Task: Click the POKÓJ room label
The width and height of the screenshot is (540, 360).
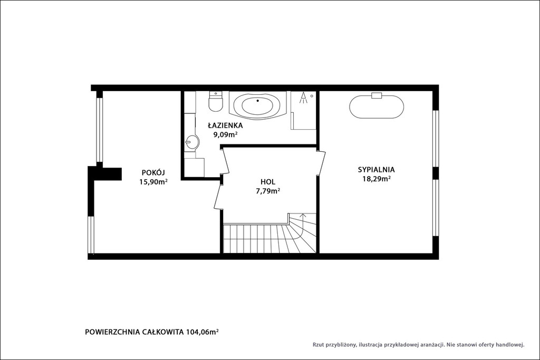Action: [153, 172]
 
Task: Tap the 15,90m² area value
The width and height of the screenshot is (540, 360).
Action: [153, 182]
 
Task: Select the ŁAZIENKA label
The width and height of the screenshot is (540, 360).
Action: [225, 125]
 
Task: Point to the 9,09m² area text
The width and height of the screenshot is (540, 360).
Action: [225, 134]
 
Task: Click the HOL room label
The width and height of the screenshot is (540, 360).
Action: [267, 182]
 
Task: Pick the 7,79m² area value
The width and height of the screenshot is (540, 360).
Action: [267, 191]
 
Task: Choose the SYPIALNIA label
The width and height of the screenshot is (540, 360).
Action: [376, 169]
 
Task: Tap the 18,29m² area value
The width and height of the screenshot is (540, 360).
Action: [376, 179]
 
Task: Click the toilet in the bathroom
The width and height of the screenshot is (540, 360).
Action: [216, 101]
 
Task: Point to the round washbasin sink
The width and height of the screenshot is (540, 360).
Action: [192, 141]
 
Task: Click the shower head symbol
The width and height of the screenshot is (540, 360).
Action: [303, 98]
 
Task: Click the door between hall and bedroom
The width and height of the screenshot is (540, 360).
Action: [321, 163]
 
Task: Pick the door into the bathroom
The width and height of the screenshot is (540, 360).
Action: [225, 161]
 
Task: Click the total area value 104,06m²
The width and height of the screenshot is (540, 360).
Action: [202, 332]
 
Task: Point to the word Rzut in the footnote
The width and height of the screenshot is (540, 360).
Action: [318, 344]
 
